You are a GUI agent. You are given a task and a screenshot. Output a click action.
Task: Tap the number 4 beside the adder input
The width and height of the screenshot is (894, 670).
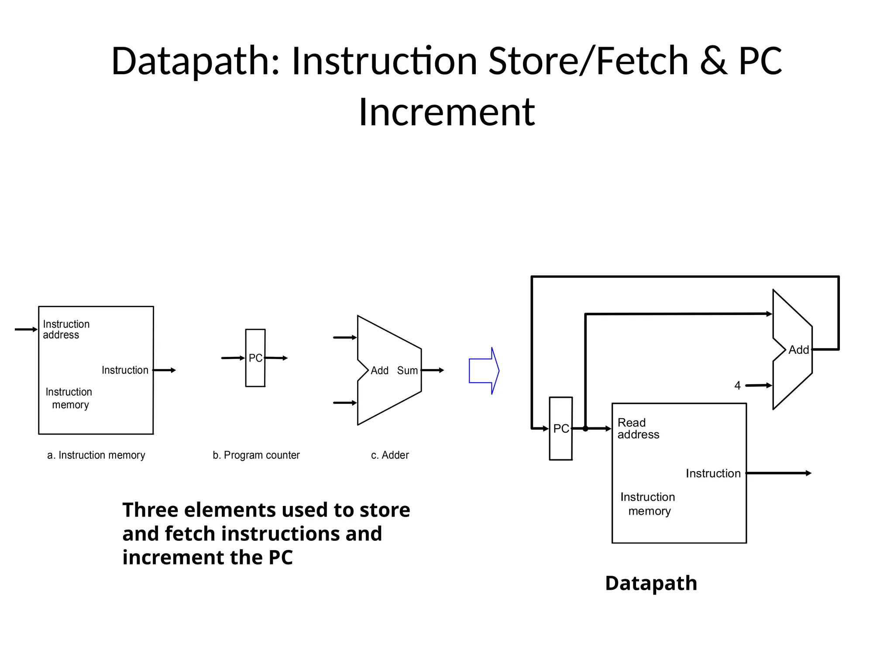[x=737, y=386]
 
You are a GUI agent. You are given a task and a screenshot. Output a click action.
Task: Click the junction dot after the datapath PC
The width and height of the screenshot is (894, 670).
[x=585, y=429]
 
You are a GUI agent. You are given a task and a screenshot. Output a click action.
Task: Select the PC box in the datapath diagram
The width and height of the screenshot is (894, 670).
[x=560, y=428]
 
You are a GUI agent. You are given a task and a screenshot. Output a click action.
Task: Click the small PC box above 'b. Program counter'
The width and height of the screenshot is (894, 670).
[x=255, y=358]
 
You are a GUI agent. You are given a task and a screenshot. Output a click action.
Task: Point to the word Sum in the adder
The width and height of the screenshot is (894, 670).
[x=407, y=371]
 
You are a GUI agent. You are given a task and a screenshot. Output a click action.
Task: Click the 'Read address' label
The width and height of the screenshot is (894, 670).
[x=638, y=428]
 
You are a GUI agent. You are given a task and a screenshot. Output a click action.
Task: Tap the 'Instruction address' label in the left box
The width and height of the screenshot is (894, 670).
[x=66, y=329]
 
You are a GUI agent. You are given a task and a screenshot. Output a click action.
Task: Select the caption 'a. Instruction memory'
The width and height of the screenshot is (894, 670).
[x=96, y=455]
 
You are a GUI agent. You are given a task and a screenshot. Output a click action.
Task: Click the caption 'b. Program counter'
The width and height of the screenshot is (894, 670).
[x=256, y=455]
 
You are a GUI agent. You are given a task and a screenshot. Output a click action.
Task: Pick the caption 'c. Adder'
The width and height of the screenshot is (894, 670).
[x=390, y=455]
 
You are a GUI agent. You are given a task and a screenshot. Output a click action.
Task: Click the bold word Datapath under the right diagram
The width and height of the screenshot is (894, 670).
[x=651, y=583]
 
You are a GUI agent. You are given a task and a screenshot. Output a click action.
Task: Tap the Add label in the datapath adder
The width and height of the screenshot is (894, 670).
[x=798, y=350]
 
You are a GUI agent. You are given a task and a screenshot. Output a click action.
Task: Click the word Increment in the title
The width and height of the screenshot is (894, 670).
[x=447, y=112]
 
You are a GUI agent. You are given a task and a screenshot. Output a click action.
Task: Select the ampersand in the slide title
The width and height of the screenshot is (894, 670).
[x=713, y=61]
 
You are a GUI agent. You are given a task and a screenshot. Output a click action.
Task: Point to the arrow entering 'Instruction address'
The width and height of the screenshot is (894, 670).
[x=26, y=329]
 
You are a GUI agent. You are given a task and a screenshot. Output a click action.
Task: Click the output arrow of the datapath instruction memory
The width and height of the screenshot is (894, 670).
[x=779, y=473]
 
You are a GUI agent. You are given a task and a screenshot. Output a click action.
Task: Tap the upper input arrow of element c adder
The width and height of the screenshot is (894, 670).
[x=345, y=337]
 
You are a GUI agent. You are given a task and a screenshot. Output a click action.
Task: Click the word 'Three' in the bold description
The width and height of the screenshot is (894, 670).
[x=150, y=510]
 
